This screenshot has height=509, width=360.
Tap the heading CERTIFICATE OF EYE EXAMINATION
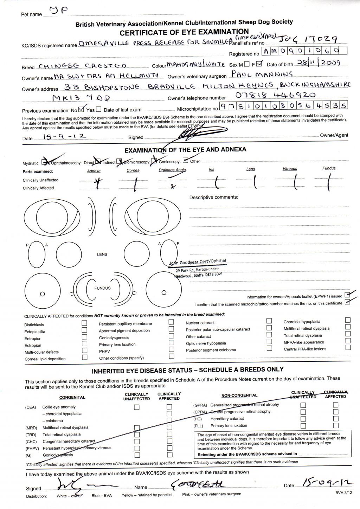click(x=184, y=32)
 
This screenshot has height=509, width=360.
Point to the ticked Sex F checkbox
click(x=259, y=64)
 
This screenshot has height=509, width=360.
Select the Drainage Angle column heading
click(x=172, y=170)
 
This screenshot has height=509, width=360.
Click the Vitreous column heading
click(x=290, y=169)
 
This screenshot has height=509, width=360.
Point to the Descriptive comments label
click(x=213, y=197)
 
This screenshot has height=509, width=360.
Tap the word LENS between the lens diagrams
click(x=102, y=254)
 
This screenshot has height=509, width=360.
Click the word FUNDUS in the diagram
click(x=102, y=288)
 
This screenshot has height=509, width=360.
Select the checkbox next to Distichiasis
click(x=84, y=323)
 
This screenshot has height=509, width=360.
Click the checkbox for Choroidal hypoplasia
click(x=348, y=320)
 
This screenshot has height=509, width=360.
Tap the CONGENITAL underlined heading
click(x=72, y=398)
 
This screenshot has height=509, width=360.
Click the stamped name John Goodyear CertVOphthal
click(x=198, y=262)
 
